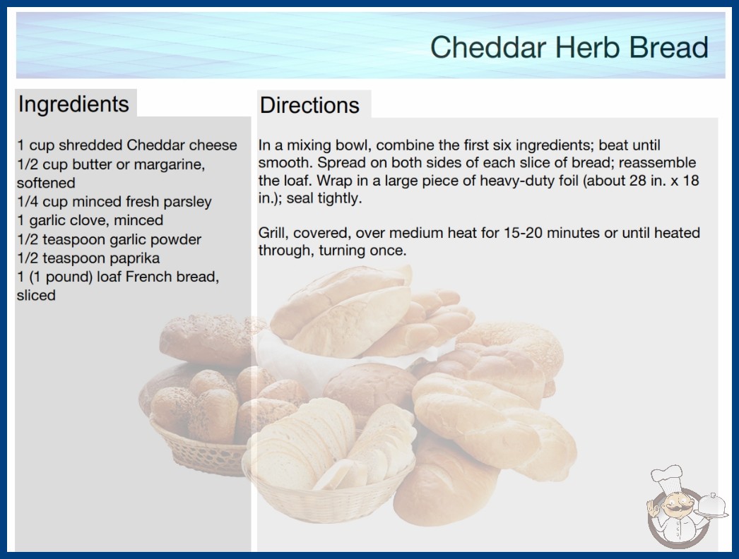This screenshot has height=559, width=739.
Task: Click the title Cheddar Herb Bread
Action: [569, 47]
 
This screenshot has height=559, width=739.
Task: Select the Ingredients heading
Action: [73, 104]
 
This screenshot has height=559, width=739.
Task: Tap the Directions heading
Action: [309, 105]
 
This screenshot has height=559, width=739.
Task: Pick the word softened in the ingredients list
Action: [46, 183]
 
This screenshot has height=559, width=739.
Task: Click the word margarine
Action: [170, 165]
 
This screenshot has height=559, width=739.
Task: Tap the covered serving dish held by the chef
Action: [713, 506]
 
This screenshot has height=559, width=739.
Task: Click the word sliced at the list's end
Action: [36, 295]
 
